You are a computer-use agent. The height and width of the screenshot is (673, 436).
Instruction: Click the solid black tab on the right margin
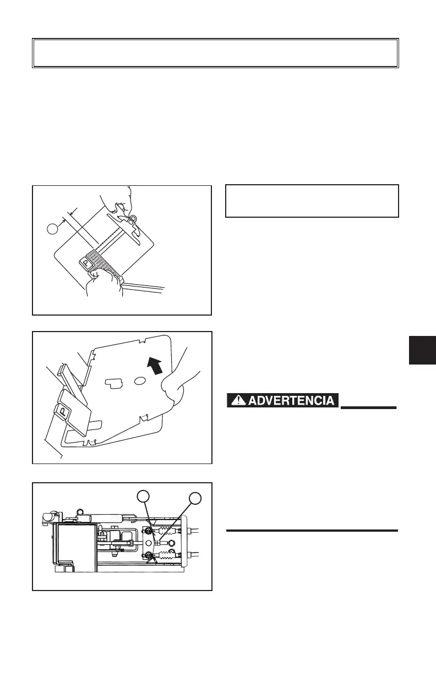tap(423, 350)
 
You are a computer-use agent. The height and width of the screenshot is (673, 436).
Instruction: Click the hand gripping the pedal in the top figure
tap(103, 284)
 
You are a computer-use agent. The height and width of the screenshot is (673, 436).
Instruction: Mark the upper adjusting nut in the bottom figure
tap(149, 531)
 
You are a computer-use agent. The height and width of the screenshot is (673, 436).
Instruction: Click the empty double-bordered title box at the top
tap(215, 53)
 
